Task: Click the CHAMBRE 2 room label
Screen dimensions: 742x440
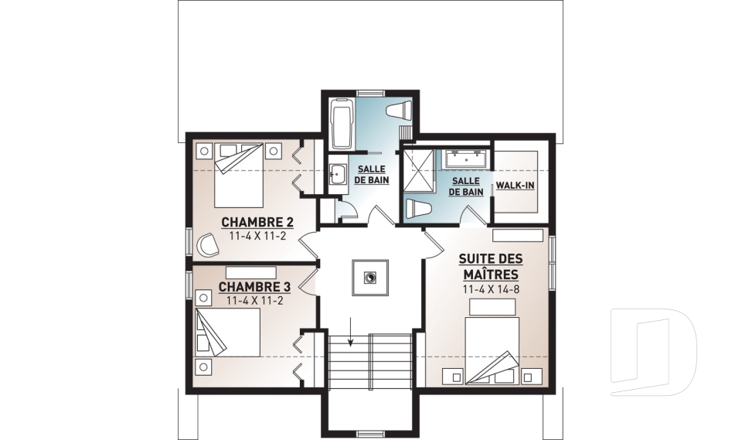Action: [x=257, y=222]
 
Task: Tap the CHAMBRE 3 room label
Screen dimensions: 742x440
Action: [x=254, y=287]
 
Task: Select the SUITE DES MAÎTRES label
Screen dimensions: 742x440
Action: [x=491, y=266]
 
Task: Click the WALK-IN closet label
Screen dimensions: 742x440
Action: [x=515, y=185]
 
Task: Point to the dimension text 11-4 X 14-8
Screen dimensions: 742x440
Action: [x=491, y=289]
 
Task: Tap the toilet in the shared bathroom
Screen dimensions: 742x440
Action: [x=400, y=110]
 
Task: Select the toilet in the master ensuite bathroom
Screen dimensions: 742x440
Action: [x=418, y=208]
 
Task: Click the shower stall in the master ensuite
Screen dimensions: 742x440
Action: [x=419, y=171]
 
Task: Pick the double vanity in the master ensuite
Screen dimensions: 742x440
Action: [x=465, y=159]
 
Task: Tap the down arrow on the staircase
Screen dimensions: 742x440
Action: [x=350, y=333]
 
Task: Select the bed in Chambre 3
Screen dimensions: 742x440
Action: [x=227, y=333]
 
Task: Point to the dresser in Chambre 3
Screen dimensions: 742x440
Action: [x=250, y=272]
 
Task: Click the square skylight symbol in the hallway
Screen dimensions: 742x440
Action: [x=370, y=278]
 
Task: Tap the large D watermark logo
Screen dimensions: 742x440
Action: [x=653, y=351]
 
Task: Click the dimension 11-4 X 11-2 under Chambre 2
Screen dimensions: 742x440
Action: [x=257, y=236]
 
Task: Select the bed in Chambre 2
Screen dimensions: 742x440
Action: [x=239, y=176]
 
